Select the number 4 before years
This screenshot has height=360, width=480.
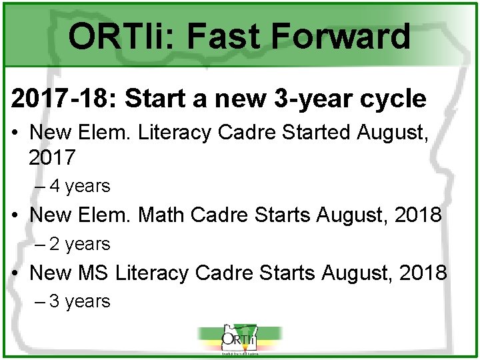click(54, 186)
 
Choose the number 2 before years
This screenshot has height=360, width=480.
click(54, 244)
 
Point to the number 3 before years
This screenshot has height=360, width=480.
click(54, 301)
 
